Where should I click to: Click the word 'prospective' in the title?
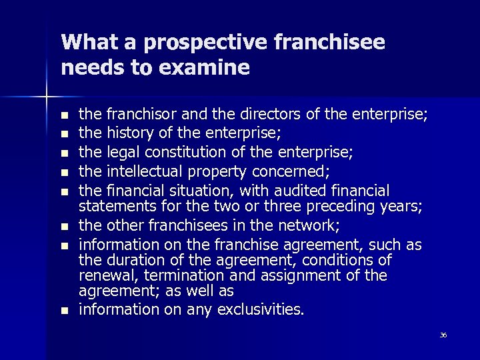tap(182, 43)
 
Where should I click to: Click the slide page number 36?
tap(443, 335)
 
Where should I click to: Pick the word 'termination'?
tap(188, 276)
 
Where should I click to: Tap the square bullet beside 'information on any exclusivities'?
tap(64, 311)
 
